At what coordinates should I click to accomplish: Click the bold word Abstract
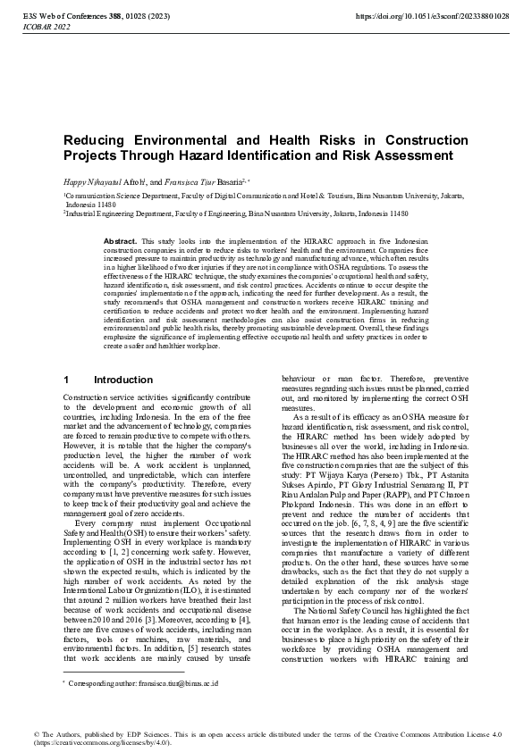click(120, 242)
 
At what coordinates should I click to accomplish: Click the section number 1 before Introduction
click(67, 379)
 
